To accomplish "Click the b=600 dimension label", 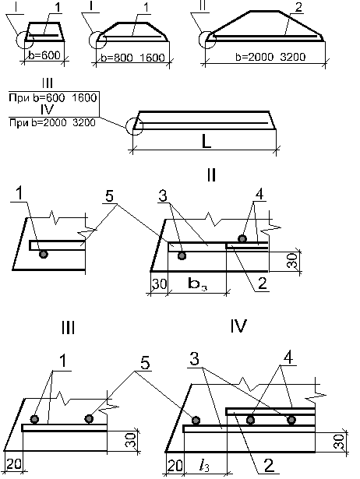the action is pyautogui.click(x=44, y=55).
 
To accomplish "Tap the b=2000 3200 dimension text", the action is pyautogui.click(x=270, y=57).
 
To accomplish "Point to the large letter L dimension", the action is pyautogui.click(x=206, y=141).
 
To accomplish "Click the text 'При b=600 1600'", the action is pyautogui.click(x=52, y=98).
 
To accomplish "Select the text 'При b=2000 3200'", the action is pyautogui.click(x=52, y=123).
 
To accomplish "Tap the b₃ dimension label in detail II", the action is pyautogui.click(x=197, y=284).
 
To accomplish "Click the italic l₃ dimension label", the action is pyautogui.click(x=204, y=466).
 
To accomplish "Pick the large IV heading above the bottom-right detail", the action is pyautogui.click(x=238, y=326).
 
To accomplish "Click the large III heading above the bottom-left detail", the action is pyautogui.click(x=68, y=329).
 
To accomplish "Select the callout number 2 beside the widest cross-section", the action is pyautogui.click(x=298, y=8).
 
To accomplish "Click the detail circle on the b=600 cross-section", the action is pyautogui.click(x=17, y=40).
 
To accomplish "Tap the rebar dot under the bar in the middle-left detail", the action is pyautogui.click(x=44, y=254).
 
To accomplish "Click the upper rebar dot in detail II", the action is pyautogui.click(x=242, y=238).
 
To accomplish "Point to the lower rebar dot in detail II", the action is pyautogui.click(x=182, y=255).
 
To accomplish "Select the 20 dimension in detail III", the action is pyautogui.click(x=14, y=465).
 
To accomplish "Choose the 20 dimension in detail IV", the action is pyautogui.click(x=175, y=467).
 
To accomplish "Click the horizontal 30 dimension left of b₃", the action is pyautogui.click(x=160, y=284).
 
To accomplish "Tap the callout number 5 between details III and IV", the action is pyautogui.click(x=145, y=364).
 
